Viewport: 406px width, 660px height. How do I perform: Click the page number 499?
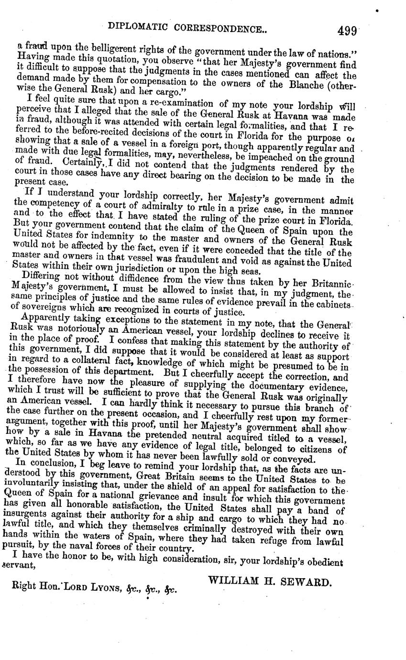[x=347, y=31]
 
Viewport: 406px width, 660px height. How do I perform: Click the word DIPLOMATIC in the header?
[x=136, y=28]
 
